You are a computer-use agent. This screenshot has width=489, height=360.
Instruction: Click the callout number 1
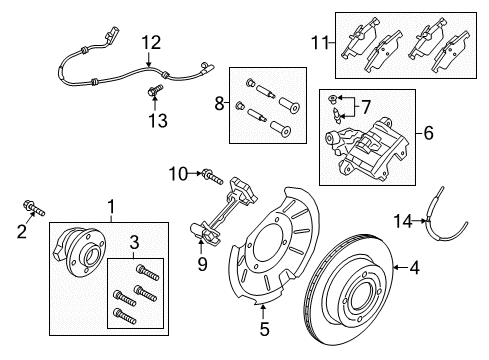pos(112,205)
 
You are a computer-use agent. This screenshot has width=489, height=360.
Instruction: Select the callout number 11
pos(320,43)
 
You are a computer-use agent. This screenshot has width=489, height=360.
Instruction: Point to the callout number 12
pos(150,42)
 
